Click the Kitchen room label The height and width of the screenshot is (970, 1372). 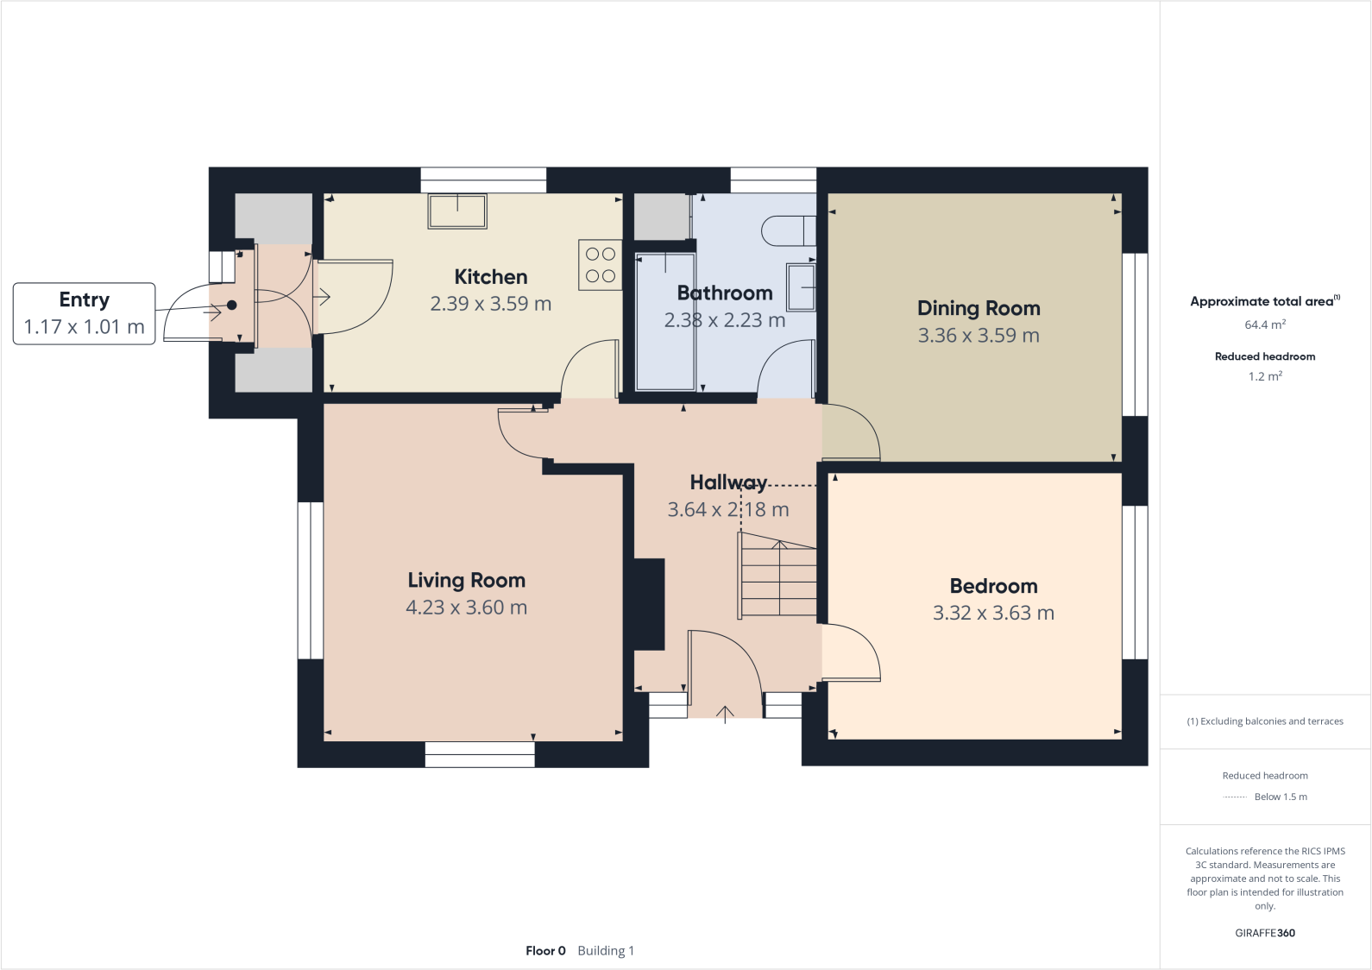tap(490, 277)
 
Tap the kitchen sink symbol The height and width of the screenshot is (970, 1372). tap(457, 211)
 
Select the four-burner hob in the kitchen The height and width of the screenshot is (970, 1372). tap(600, 265)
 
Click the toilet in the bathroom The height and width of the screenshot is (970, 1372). tap(787, 230)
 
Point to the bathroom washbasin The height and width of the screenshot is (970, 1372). tap(801, 287)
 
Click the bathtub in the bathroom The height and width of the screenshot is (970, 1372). tap(665, 321)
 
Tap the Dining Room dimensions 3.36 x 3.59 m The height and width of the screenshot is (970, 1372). tap(979, 336)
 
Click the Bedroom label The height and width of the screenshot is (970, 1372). tap(993, 586)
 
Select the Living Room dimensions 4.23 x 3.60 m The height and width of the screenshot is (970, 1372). tap(466, 608)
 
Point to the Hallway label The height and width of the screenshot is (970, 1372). tap(727, 482)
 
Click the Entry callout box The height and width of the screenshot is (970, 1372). tap(84, 313)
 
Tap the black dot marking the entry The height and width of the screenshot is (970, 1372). tap(231, 305)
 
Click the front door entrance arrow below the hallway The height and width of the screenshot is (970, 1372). tap(725, 713)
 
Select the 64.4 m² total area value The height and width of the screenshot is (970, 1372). tap(1265, 325)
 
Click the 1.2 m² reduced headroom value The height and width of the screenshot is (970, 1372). tap(1265, 376)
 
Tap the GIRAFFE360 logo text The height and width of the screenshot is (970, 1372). tap(1265, 933)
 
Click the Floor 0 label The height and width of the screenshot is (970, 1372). tap(545, 951)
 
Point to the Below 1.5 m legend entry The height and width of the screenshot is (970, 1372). tap(1280, 797)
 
